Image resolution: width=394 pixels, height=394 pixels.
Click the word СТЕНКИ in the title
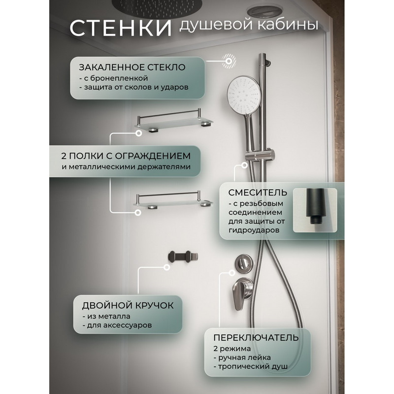point(121,28)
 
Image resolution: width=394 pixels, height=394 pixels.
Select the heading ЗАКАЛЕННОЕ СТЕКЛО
point(132,67)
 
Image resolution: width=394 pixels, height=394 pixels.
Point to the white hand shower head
point(244,92)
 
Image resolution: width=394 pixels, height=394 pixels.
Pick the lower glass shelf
point(174,200)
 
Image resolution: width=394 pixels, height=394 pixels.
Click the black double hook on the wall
point(183,257)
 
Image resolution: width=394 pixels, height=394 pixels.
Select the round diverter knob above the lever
point(242,263)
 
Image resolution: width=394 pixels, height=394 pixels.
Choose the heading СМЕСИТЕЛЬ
point(258,193)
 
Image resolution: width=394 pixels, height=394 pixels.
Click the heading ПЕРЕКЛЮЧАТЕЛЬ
point(256,338)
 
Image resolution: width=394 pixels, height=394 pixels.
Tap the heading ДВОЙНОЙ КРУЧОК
point(128,305)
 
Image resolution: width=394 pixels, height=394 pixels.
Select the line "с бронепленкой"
point(114,78)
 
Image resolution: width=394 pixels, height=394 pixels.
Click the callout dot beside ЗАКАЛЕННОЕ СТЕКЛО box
point(229,61)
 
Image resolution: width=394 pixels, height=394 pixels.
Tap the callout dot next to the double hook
point(166,267)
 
